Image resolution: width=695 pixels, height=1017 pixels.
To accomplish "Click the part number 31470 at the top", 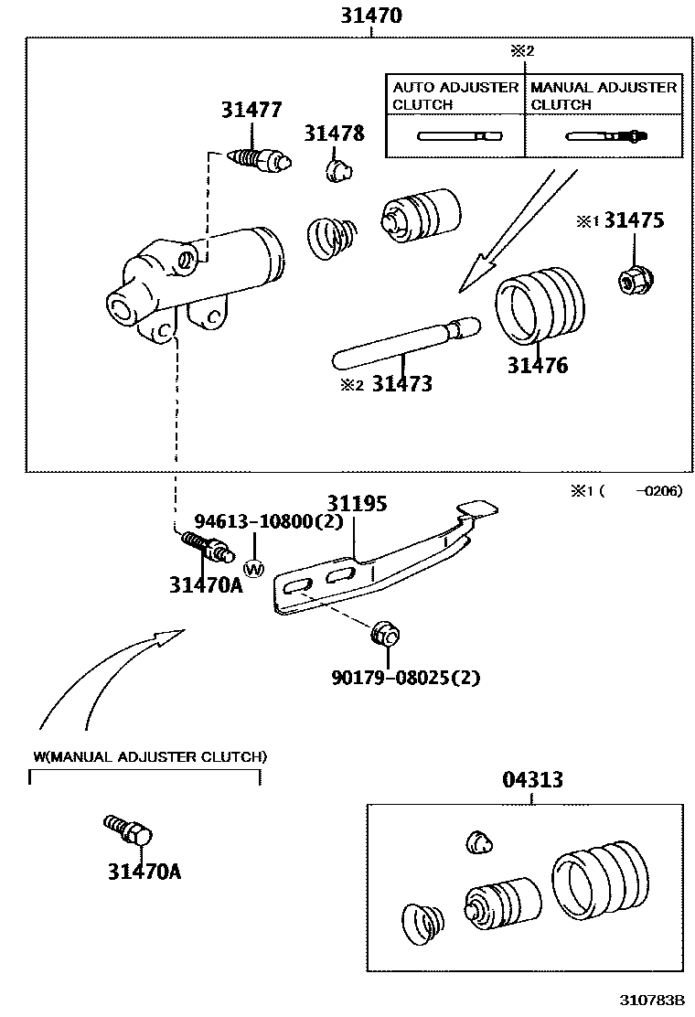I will coord(371,16).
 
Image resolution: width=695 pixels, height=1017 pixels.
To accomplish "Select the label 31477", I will coord(251,111).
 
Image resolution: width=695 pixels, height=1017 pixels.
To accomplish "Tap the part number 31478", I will coord(334,134).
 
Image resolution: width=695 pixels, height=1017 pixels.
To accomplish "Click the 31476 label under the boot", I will coord(538,366).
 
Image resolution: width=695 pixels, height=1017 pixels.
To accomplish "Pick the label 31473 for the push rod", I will coord(401,384).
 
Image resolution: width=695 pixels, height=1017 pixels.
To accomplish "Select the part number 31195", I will coord(357,504).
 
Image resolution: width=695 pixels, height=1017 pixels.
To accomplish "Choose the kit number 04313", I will coord(532,780).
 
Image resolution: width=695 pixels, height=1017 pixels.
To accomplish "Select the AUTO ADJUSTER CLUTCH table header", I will coord(454,95).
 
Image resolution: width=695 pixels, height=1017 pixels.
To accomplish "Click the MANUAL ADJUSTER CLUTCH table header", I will coord(604,95).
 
